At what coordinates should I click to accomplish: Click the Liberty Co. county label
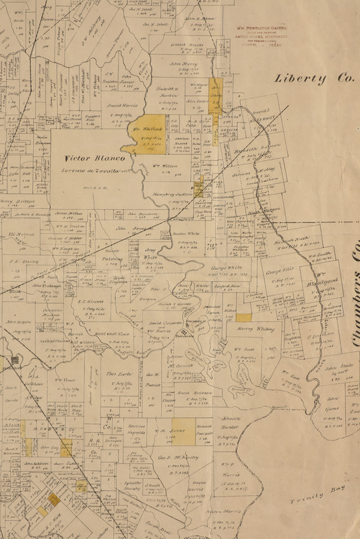314,78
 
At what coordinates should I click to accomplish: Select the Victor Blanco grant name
86,158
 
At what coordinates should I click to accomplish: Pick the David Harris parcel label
121,106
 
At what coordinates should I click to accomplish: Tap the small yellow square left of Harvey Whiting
243,316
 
